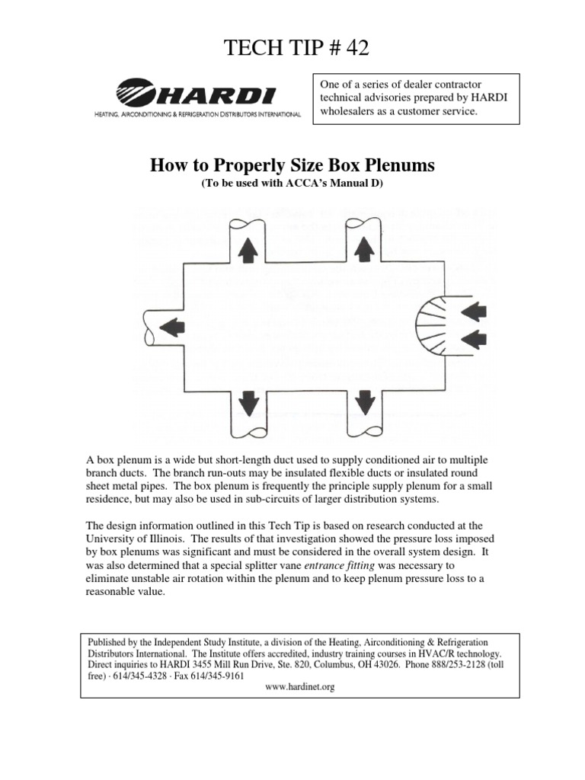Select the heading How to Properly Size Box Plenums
pos(292,165)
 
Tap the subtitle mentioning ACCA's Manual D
pos(292,184)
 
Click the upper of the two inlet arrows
pos(475,310)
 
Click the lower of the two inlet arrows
pos(475,338)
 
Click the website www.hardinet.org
pos(299,686)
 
